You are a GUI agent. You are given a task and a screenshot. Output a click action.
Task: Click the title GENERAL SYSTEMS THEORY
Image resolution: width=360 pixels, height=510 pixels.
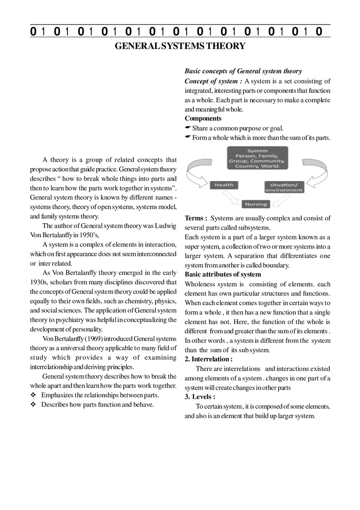[x=180, y=46]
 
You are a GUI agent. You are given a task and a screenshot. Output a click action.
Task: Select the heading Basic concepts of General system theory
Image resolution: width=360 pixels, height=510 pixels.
[x=243, y=71]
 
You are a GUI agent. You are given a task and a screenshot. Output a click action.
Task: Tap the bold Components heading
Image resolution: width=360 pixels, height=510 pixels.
[x=203, y=119]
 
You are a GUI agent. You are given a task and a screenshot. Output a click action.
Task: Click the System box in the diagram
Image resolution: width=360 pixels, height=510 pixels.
[x=257, y=158]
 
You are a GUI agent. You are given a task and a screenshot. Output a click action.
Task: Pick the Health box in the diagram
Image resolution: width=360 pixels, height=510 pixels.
[x=224, y=185]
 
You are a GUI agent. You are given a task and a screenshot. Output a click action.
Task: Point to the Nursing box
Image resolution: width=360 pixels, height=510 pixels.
[x=256, y=204]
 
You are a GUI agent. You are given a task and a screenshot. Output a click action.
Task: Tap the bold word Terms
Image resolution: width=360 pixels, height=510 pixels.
[x=196, y=218]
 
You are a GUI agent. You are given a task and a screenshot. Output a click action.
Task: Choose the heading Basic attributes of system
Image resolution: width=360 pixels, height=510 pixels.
[x=223, y=274]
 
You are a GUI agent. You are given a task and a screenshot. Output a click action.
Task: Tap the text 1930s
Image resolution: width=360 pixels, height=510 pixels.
[x=39, y=282]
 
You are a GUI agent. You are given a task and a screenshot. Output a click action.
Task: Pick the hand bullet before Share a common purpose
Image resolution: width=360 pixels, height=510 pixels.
[x=188, y=128]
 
